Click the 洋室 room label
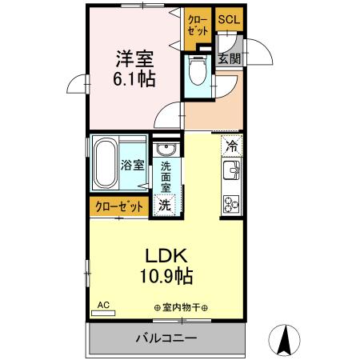[134, 59]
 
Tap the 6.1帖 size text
[134, 79]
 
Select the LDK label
[166, 256]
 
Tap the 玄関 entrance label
[229, 58]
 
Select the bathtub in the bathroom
[106, 165]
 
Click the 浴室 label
[133, 166]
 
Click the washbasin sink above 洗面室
[166, 151]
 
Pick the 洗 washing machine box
[165, 204]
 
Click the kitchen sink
[232, 170]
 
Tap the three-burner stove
[232, 202]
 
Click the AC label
[102, 305]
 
